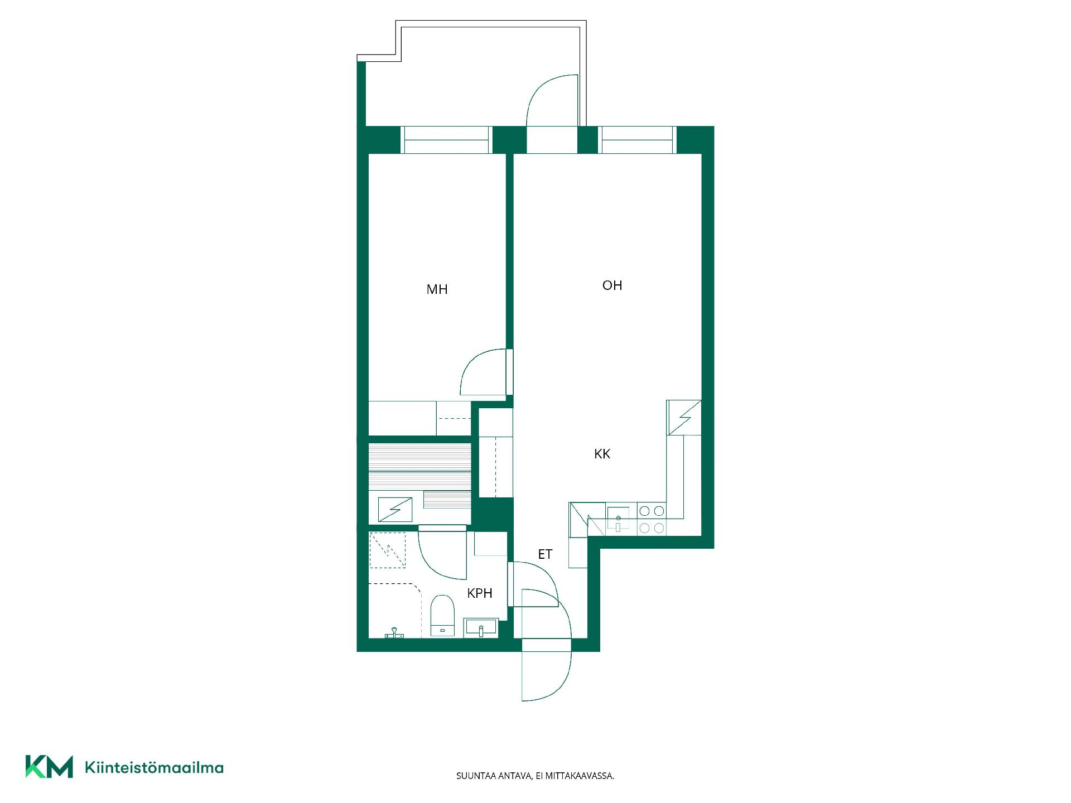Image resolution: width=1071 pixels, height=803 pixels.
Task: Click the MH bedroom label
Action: (437, 289)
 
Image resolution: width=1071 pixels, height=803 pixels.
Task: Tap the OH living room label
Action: (612, 286)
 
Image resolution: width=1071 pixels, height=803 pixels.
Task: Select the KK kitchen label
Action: (602, 454)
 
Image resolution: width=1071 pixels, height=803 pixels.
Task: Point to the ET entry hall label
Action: (545, 554)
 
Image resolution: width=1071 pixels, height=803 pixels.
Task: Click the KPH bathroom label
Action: (480, 593)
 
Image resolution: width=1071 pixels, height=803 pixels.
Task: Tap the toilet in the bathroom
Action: (442, 616)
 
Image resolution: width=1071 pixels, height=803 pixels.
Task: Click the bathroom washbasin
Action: (481, 627)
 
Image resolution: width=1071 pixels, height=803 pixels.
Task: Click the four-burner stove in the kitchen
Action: (652, 519)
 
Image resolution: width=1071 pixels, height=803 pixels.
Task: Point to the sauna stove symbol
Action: (395, 509)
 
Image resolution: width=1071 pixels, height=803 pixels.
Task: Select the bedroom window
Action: (446, 139)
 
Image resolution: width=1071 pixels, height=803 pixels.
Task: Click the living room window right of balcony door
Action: (637, 139)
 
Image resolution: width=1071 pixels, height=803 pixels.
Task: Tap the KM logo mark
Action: (49, 767)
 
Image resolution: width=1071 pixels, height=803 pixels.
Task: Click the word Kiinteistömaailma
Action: (154, 768)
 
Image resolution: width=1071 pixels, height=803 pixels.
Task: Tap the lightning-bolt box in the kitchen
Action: (684, 417)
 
